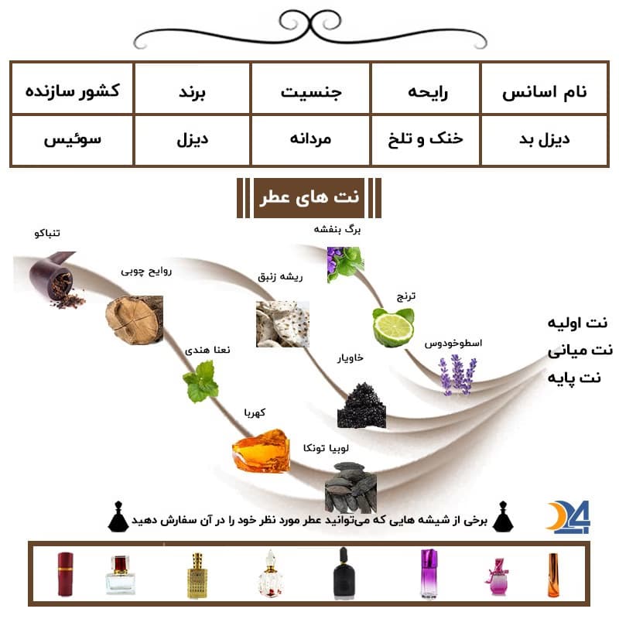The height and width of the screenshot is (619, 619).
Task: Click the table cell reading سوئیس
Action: click(x=73, y=140)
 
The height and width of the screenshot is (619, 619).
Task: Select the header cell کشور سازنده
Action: click(x=73, y=89)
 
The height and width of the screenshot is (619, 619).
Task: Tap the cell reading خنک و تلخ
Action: click(x=426, y=140)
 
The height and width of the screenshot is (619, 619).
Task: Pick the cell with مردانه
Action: click(x=310, y=140)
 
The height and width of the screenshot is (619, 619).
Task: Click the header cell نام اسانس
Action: click(x=544, y=89)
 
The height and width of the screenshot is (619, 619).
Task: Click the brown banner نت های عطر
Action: click(x=309, y=197)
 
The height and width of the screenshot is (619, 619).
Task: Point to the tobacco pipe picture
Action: click(x=55, y=279)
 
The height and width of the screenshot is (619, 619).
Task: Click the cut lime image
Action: click(x=394, y=327)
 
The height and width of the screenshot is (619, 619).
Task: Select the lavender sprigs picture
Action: click(x=457, y=374)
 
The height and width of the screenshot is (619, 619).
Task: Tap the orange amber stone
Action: click(x=261, y=450)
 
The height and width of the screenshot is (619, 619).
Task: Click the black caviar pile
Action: click(x=361, y=405)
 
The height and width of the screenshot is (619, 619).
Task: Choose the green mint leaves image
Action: click(x=200, y=381)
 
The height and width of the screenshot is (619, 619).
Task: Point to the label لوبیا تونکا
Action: click(x=326, y=448)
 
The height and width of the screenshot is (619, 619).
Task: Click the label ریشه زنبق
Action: click(x=280, y=277)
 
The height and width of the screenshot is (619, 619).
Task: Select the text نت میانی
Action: click(x=580, y=351)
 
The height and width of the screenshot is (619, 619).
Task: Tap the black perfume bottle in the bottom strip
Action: click(x=344, y=573)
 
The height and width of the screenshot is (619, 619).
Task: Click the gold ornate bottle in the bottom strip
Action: click(x=197, y=575)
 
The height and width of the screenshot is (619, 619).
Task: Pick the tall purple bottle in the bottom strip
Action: click(x=429, y=573)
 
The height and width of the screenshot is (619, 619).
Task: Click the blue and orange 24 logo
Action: click(x=569, y=517)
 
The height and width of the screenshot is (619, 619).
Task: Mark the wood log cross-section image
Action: click(x=134, y=320)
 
